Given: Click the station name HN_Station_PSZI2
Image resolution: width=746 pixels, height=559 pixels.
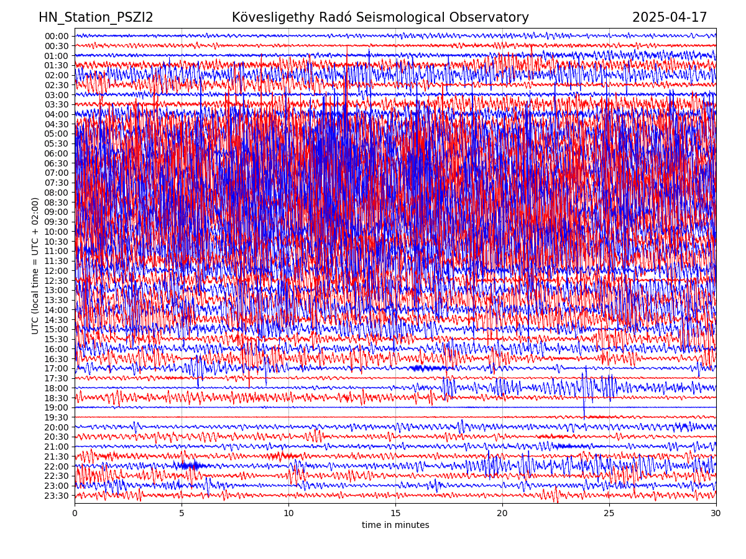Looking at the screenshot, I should coord(96,17).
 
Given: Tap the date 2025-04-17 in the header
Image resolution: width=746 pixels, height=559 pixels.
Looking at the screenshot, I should coord(670,17).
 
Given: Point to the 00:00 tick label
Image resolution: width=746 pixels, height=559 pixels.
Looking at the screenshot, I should coord(57,36).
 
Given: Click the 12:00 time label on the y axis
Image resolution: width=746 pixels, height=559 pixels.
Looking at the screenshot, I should coord(57,271).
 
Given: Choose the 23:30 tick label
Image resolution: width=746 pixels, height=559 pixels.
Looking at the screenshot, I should coord(57,496).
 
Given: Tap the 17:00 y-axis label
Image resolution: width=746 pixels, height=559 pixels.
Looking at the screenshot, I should coord(57,369).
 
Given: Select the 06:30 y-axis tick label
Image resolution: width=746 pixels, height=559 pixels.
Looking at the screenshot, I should coord(57,163).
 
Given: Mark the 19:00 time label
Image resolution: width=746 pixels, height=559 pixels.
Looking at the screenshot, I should coord(57,408).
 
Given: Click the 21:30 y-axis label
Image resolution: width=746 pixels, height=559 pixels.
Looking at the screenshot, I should coord(57,457).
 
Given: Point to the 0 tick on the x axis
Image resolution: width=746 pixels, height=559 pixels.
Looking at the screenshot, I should coord(75,514).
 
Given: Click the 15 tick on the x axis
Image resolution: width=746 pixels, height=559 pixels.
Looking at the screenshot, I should coord(395,514).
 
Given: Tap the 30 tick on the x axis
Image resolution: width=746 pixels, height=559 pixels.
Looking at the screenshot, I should coord(716,514).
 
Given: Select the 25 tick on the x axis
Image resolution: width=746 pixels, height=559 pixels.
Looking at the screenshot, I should coord(609,514).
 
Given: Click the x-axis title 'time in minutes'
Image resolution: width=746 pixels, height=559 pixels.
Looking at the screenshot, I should coord(395,525).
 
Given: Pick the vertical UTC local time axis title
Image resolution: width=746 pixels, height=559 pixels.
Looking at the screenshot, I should coord(35,266).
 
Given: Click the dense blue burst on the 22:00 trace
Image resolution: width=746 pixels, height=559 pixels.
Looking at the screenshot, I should coord(190,465).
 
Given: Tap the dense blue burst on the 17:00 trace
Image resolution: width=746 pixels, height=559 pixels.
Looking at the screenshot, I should coord(429,368).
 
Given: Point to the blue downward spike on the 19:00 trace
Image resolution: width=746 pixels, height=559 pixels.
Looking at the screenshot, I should coord(584,412).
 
